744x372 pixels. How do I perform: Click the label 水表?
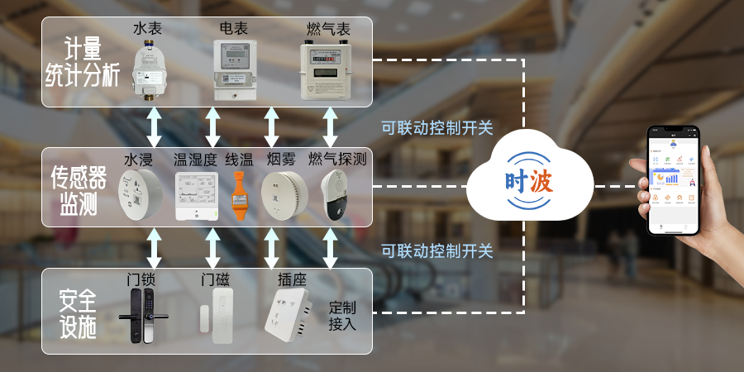click(x=148, y=28)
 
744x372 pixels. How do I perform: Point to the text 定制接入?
click(x=342, y=316)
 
